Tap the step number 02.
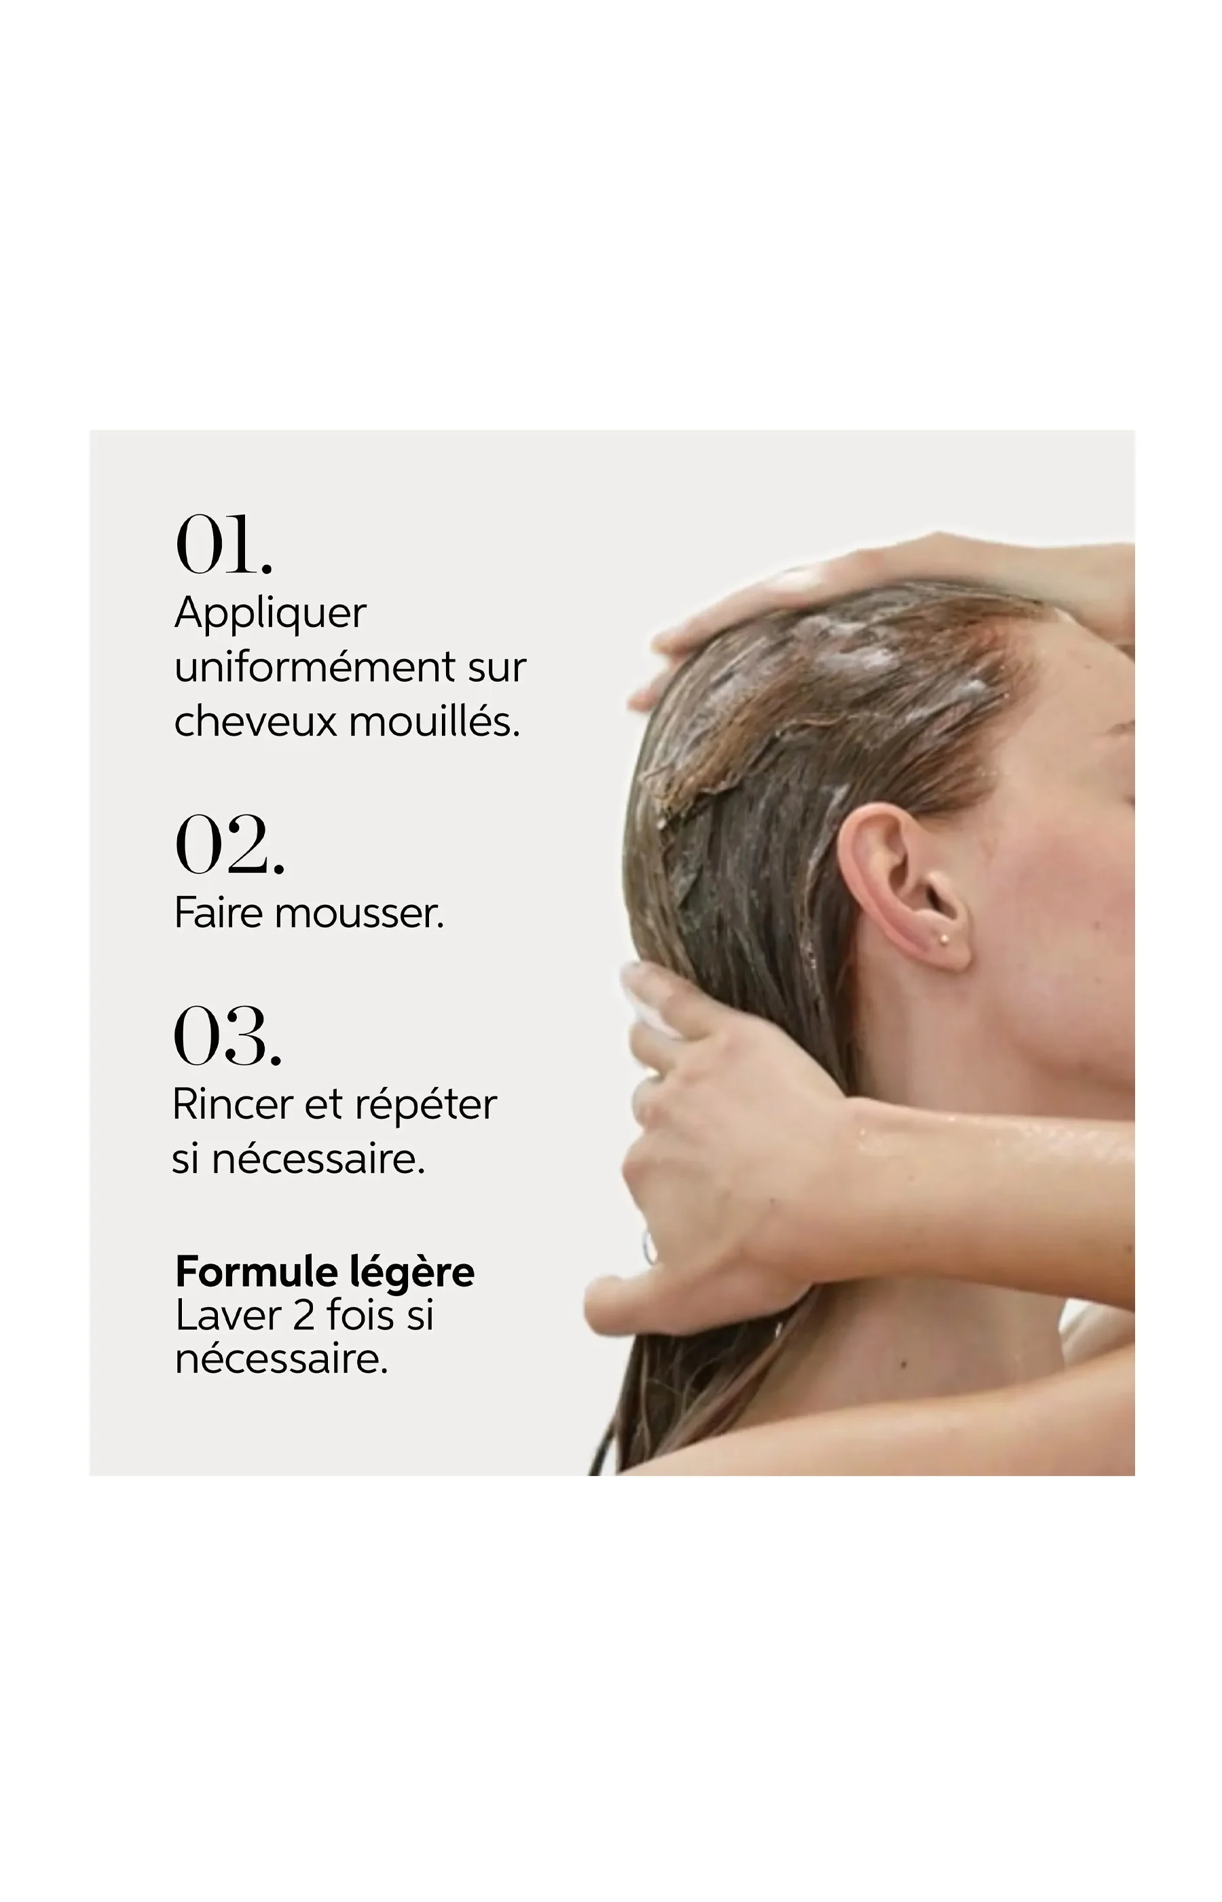pyautogui.click(x=229, y=844)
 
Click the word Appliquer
pyautogui.click(x=270, y=615)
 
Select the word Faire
pyautogui.click(x=218, y=913)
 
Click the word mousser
pyautogui.click(x=359, y=914)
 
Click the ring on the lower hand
pyautogui.click(x=649, y=1248)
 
